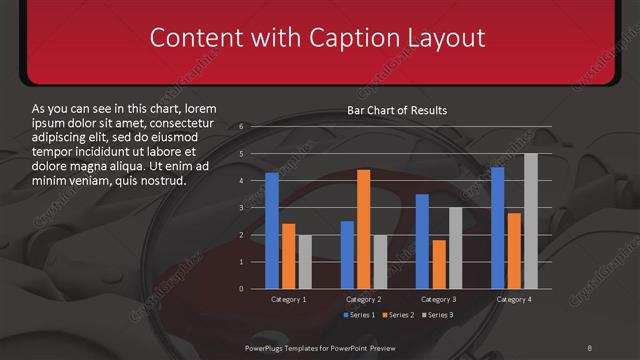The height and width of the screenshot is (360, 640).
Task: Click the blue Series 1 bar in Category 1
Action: (x=272, y=230)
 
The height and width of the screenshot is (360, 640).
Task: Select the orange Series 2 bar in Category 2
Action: (x=363, y=229)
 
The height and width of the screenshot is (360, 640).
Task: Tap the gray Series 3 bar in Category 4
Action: (x=530, y=221)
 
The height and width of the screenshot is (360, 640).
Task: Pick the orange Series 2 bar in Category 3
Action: (x=438, y=264)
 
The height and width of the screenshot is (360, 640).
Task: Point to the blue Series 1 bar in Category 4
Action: (x=497, y=228)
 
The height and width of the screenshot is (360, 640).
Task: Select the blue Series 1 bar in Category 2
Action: (x=347, y=254)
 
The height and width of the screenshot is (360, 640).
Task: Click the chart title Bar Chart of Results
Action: (x=397, y=110)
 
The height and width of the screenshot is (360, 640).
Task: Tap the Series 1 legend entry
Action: (x=361, y=315)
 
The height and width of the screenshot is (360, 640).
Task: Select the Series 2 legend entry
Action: (x=397, y=315)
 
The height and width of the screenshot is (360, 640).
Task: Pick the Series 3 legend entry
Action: (x=436, y=315)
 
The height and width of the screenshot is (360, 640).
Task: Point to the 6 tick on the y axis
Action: (x=241, y=127)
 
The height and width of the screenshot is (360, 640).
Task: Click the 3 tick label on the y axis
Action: (x=241, y=208)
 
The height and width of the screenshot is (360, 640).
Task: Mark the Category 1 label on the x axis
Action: (x=289, y=299)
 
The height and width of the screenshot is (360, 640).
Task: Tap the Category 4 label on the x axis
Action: (x=514, y=299)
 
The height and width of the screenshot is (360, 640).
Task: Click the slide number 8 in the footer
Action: (x=589, y=347)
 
